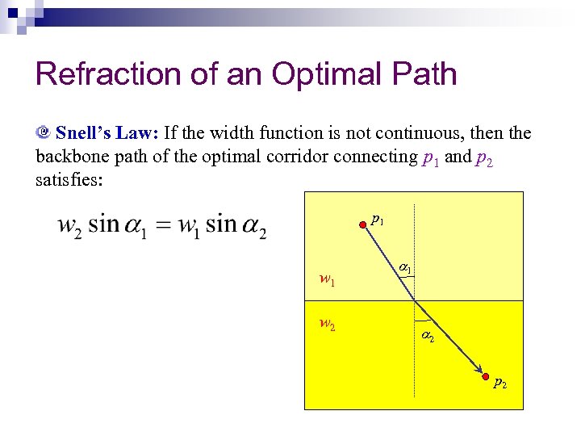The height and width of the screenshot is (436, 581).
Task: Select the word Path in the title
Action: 424,74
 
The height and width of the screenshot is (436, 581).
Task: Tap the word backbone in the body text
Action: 73,157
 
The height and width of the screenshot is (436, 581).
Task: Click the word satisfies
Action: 69,180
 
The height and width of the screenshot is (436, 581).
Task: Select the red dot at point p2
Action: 485,377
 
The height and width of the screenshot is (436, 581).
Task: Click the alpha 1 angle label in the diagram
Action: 405,267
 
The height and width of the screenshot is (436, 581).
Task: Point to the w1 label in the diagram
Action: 327,280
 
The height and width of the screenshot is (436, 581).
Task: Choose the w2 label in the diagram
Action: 327,325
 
